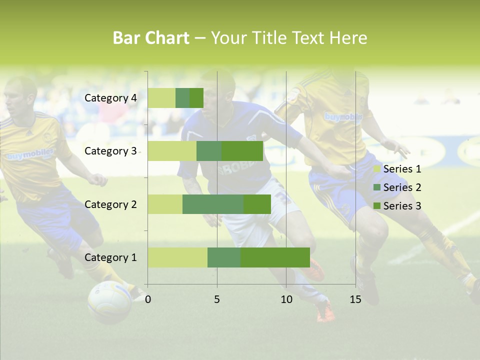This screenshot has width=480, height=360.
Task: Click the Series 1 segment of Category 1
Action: coord(177,257)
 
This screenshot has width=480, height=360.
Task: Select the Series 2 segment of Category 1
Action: coord(224,257)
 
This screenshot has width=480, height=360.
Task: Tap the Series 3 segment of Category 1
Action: coord(275,257)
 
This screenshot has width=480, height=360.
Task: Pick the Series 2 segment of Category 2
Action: coord(213,204)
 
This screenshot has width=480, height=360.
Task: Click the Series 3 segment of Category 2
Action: coord(257,204)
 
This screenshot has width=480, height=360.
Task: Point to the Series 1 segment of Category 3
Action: coord(172,151)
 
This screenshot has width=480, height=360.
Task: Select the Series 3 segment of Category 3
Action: coord(242,151)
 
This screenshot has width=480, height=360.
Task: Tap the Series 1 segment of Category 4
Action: coord(161,98)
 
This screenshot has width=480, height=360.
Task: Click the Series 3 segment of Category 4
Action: coord(196,98)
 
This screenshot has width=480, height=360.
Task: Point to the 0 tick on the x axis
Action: coord(148,299)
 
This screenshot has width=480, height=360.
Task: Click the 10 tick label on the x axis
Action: coord(286,299)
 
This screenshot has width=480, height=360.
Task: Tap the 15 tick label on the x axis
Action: coord(355,299)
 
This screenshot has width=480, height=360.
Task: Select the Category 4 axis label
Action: coord(110,98)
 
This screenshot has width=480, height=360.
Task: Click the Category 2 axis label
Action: coord(110,204)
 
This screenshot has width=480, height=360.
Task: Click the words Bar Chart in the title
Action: coord(151,37)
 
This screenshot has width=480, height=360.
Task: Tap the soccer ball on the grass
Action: coord(109,301)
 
